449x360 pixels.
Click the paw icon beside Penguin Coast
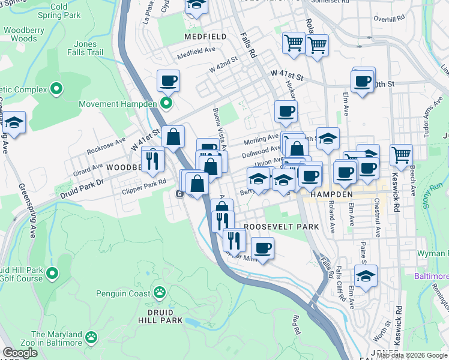(x=159, y=293)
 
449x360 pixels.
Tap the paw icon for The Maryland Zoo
(x=91, y=338)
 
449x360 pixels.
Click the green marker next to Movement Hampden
(x=166, y=104)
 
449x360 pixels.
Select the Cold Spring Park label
(x=59, y=11)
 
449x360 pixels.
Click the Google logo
(x=20, y=353)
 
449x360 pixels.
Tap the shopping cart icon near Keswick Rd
(x=401, y=155)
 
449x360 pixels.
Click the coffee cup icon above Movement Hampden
(x=169, y=80)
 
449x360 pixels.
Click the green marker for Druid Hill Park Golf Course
(x=52, y=274)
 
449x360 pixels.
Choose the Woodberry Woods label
(x=24, y=34)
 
